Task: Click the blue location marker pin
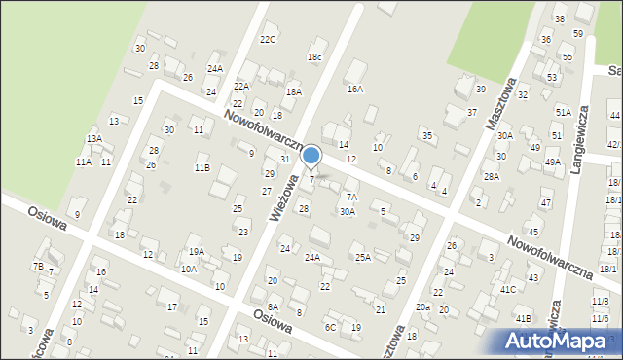click(311, 156)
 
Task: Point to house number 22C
click(268, 40)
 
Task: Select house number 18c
click(314, 57)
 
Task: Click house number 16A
click(355, 89)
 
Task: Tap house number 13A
click(93, 139)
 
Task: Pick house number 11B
click(202, 167)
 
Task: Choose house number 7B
click(38, 266)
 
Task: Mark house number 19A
click(196, 251)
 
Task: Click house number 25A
click(362, 257)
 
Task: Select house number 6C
click(331, 327)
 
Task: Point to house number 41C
click(508, 289)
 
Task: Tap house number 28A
click(492, 176)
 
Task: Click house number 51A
click(564, 112)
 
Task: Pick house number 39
click(481, 90)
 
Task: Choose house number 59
click(578, 33)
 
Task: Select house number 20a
click(422, 306)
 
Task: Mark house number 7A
click(351, 197)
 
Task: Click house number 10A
click(188, 269)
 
